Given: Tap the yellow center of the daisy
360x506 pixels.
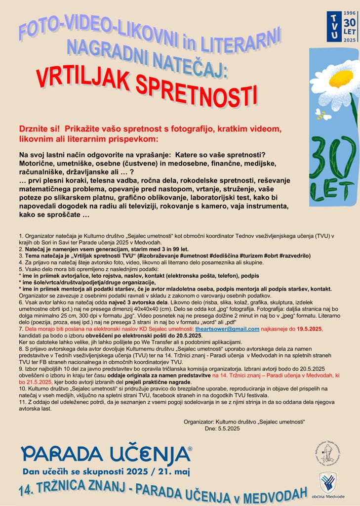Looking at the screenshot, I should click(341, 79).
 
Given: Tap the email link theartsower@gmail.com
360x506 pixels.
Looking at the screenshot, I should click(227, 329).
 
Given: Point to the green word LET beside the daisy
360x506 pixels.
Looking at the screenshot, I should click(333, 188).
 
